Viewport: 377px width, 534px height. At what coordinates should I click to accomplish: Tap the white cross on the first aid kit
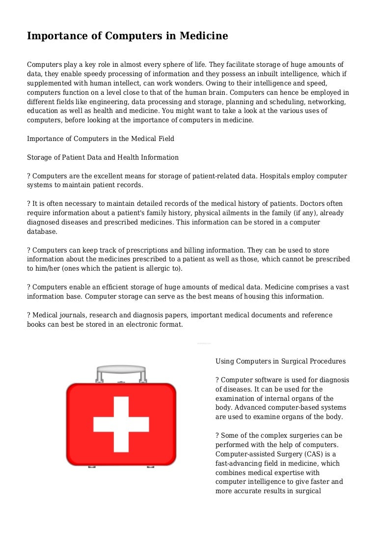tap(121, 423)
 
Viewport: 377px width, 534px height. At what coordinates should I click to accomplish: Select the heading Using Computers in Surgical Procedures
tap(280, 362)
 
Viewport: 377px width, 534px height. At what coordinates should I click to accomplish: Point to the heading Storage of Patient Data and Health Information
tap(103, 158)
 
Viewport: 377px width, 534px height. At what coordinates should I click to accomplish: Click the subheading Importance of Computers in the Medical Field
tap(100, 139)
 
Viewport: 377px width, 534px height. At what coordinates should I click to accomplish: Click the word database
tap(42, 231)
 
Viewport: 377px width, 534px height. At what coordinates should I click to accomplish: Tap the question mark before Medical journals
tap(29, 315)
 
